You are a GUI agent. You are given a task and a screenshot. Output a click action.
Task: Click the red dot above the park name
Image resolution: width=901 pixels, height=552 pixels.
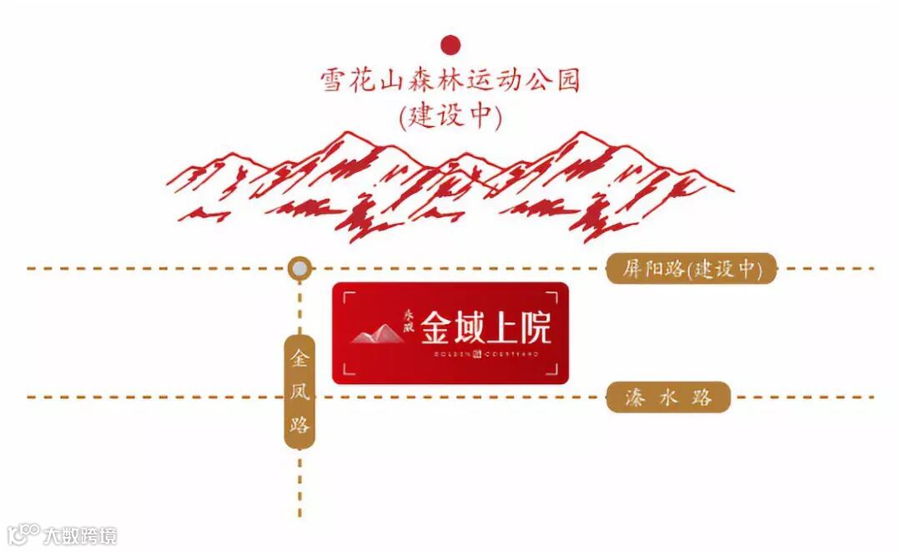[450, 44]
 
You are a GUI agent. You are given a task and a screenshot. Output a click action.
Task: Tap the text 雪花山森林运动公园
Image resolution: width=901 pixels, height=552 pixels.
[450, 81]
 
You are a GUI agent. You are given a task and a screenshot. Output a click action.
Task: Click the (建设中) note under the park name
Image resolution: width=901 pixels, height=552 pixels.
[450, 115]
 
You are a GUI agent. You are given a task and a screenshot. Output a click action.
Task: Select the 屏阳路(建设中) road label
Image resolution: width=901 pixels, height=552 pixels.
[691, 269]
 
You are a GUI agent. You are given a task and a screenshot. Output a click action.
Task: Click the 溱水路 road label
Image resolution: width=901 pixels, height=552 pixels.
[668, 398]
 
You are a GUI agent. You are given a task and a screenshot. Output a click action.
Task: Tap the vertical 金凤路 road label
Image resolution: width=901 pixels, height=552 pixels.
[299, 392]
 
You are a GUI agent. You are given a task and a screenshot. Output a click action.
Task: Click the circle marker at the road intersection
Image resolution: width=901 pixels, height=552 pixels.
[299, 269]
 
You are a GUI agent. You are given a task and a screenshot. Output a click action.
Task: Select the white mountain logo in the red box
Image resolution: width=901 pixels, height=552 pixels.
[377, 334]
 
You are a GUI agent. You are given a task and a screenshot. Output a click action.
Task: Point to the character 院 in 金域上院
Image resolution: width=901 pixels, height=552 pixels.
[534, 328]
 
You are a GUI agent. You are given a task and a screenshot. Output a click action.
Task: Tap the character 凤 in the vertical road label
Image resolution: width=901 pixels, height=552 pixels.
[299, 392]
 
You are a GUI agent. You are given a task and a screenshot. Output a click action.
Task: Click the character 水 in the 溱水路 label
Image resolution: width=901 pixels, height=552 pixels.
[668, 398]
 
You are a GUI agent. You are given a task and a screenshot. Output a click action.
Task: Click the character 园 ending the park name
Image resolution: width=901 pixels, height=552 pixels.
[566, 81]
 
